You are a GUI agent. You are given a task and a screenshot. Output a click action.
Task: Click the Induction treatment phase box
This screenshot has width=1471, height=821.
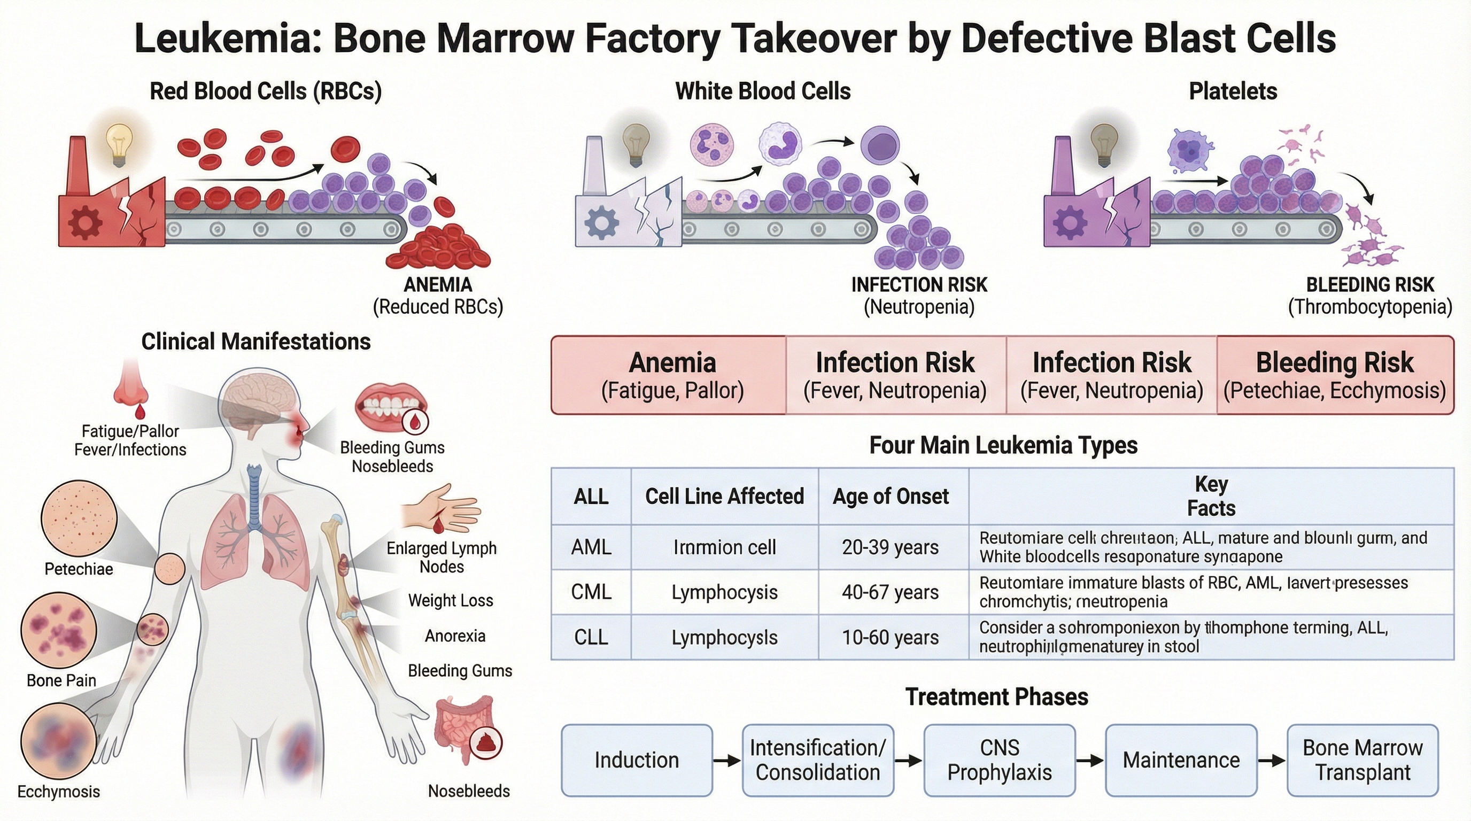tap(637, 761)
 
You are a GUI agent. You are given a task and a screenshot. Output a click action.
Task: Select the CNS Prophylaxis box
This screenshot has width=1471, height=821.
tap(1000, 761)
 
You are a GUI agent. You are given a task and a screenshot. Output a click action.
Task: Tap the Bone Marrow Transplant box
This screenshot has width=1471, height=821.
tap(1362, 761)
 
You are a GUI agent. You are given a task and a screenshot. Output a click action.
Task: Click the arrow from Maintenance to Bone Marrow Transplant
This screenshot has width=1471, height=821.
tap(1271, 761)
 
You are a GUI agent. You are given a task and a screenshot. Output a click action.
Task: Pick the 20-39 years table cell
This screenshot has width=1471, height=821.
tap(891, 547)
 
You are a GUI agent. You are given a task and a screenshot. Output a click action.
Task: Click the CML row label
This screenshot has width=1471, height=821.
tap(591, 592)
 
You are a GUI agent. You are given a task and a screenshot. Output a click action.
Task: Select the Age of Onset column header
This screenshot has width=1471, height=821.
tap(891, 496)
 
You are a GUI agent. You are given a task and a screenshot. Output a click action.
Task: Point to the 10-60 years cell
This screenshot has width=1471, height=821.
tap(891, 637)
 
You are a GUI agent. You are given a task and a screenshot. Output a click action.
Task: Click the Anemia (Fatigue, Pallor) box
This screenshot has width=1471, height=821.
tap(672, 375)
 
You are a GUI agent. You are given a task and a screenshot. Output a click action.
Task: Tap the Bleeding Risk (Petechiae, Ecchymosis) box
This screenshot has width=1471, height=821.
tap(1335, 375)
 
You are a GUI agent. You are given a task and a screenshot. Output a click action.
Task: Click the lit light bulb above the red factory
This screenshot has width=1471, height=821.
tap(119, 143)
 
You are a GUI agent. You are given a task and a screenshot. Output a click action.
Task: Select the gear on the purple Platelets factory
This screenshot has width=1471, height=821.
tap(1070, 222)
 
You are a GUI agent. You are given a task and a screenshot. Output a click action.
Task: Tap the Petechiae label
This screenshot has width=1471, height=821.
tap(79, 569)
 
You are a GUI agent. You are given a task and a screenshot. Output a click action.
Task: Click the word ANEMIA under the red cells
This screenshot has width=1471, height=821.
tap(438, 284)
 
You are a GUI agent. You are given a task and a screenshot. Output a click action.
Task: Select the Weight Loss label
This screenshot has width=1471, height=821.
tap(451, 601)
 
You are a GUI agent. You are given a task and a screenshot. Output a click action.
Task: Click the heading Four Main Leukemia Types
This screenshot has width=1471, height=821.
tap(1003, 445)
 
